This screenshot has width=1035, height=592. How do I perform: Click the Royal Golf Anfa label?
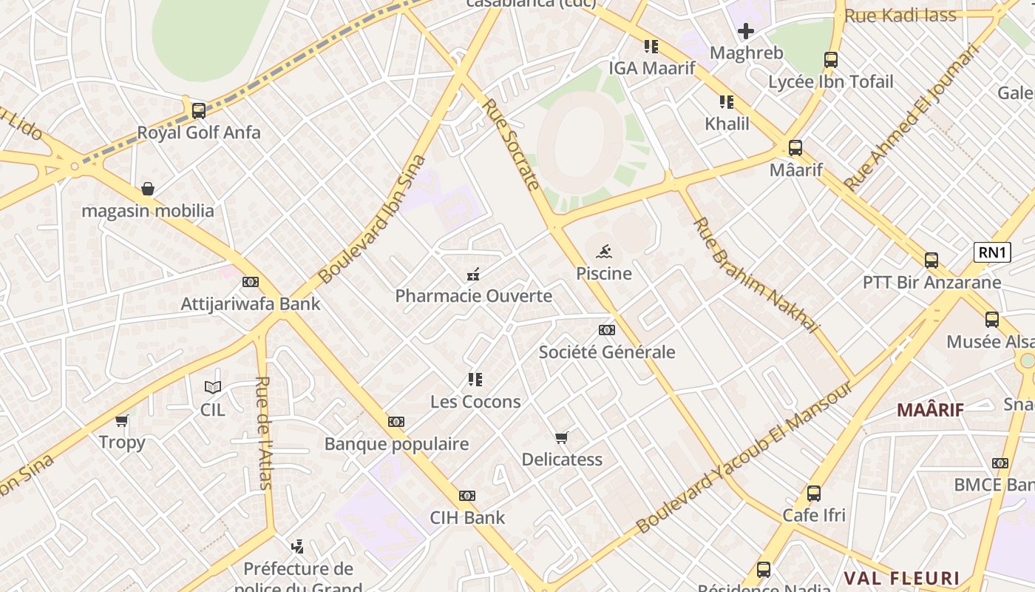click(199, 132)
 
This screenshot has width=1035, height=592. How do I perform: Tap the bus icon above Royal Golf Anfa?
click(198, 111)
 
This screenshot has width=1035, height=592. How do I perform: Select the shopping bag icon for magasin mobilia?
click(148, 189)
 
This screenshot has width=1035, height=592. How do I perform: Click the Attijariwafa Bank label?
click(251, 303)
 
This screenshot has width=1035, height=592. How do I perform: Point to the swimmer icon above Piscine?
click(603, 252)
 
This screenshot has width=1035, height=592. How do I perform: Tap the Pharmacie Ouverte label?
click(473, 296)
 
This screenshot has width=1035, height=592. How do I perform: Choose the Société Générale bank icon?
click(607, 330)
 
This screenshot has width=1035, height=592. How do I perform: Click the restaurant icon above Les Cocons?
click(475, 380)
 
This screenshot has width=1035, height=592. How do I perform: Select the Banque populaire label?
click(396, 444)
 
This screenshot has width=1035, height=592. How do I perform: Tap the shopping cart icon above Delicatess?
click(562, 437)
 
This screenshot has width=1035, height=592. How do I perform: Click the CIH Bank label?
click(468, 517)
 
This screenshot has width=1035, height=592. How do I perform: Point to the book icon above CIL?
click(213, 387)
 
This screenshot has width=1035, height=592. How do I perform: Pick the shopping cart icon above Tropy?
click(122, 420)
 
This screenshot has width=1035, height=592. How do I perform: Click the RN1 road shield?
click(992, 252)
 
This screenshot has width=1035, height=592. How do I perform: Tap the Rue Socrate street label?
click(510, 144)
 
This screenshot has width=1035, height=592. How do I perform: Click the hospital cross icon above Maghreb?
click(746, 31)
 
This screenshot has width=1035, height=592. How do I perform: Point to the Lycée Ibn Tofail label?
click(831, 81)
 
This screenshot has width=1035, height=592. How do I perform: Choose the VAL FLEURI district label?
click(902, 578)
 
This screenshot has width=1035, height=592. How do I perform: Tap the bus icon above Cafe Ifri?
click(814, 493)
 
